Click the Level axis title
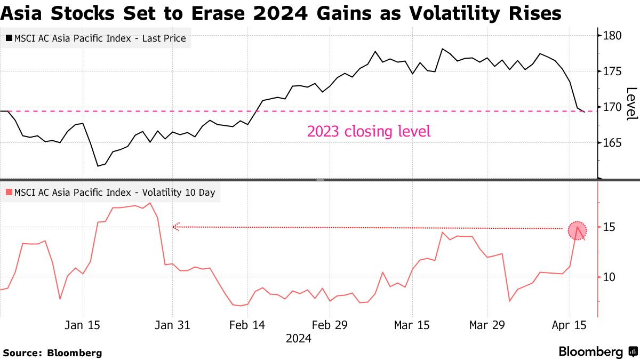click(631, 103)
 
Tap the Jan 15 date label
click(83, 325)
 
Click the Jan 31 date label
click(172, 325)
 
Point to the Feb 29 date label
click(329, 325)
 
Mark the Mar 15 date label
click(412, 325)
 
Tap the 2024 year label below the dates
click(299, 338)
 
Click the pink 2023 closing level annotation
click(369, 131)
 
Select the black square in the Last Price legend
click(9, 38)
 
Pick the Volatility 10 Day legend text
click(115, 193)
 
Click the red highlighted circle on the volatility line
click(577, 230)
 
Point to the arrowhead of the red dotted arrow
click(175, 227)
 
